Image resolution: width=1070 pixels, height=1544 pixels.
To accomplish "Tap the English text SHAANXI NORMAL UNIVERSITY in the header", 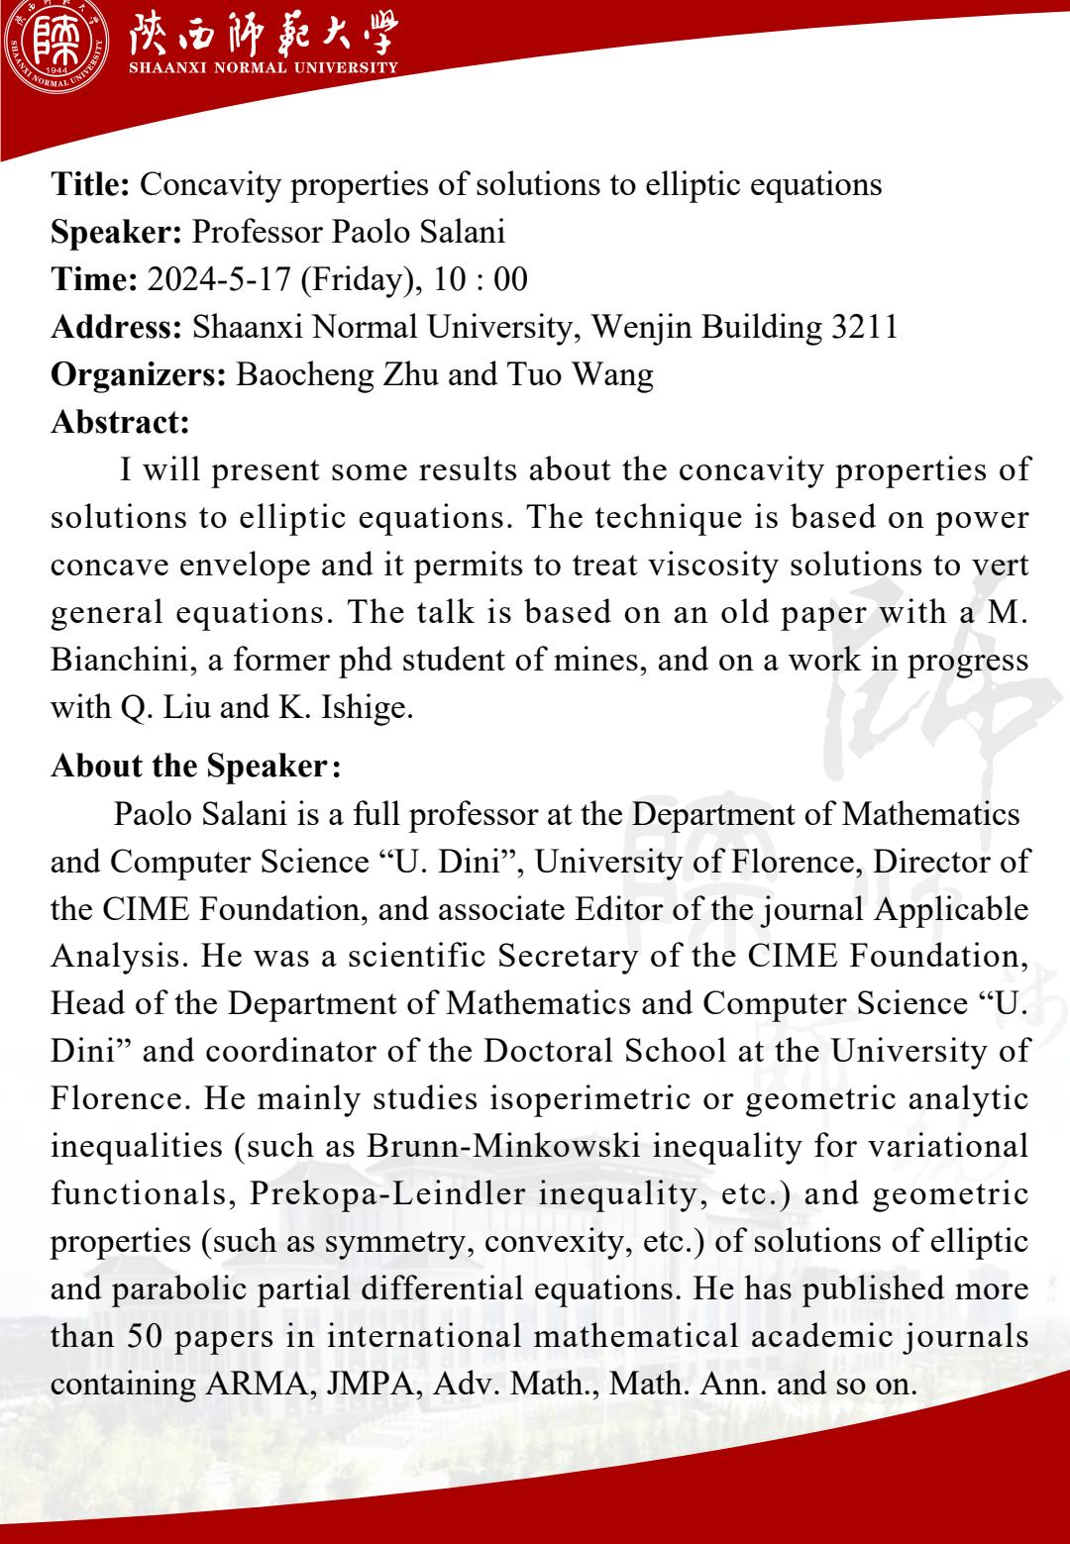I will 264,67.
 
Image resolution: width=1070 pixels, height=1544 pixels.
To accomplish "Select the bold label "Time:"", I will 94,279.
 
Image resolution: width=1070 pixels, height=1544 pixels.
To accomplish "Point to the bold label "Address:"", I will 116,327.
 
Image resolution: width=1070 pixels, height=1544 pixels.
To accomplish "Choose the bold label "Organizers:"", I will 140,374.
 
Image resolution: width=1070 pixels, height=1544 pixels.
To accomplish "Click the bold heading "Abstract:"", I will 120,422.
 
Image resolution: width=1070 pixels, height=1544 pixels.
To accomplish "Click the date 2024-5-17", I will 219,279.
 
